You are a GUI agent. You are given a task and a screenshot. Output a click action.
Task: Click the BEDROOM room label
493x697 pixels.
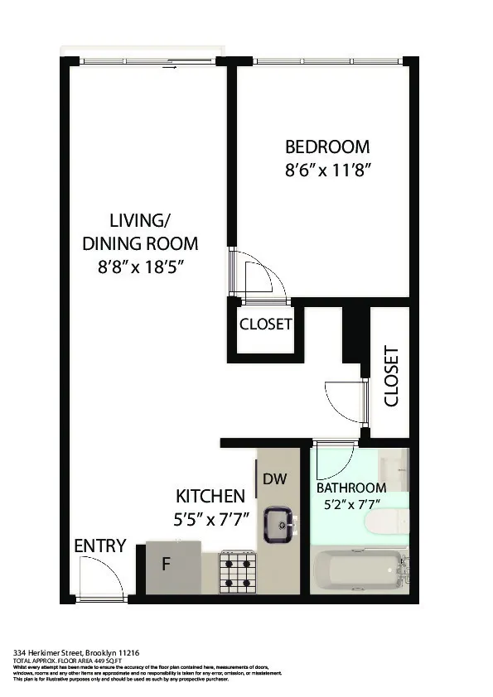327,147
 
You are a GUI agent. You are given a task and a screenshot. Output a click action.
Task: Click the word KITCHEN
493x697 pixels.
210,497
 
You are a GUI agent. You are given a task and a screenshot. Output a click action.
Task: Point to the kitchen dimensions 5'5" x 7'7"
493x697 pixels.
210,521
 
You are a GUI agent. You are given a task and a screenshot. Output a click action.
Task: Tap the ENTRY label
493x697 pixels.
100,546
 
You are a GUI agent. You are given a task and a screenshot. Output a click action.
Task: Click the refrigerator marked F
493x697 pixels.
173,567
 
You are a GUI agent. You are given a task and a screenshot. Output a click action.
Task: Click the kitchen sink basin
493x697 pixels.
278,524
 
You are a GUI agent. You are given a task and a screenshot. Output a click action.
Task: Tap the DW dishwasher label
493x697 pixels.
274,479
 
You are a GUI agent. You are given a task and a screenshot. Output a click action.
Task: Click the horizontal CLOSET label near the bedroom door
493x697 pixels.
265,324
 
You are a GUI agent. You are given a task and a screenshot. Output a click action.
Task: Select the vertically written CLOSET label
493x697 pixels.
391,376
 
